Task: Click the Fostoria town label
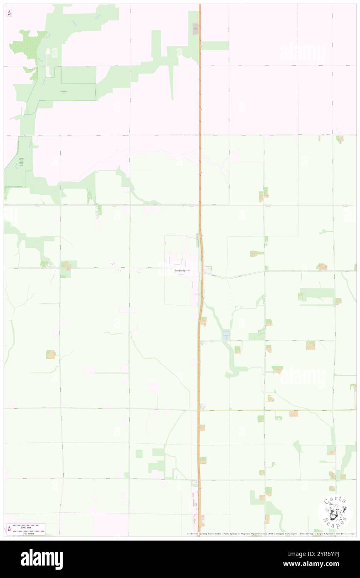(180, 270)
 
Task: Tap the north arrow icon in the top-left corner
(10, 13)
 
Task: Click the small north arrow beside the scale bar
(10, 529)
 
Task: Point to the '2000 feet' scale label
(29, 526)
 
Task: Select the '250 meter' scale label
(29, 531)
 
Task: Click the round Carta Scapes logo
(335, 512)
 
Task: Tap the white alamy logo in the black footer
(42, 559)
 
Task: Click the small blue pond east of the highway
(226, 335)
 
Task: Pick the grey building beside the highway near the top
(196, 30)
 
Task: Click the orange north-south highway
(200, 166)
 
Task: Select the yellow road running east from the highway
(274, 410)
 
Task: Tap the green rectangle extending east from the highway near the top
(215, 45)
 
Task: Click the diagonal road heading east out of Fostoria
(237, 276)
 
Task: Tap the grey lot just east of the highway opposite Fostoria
(207, 270)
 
